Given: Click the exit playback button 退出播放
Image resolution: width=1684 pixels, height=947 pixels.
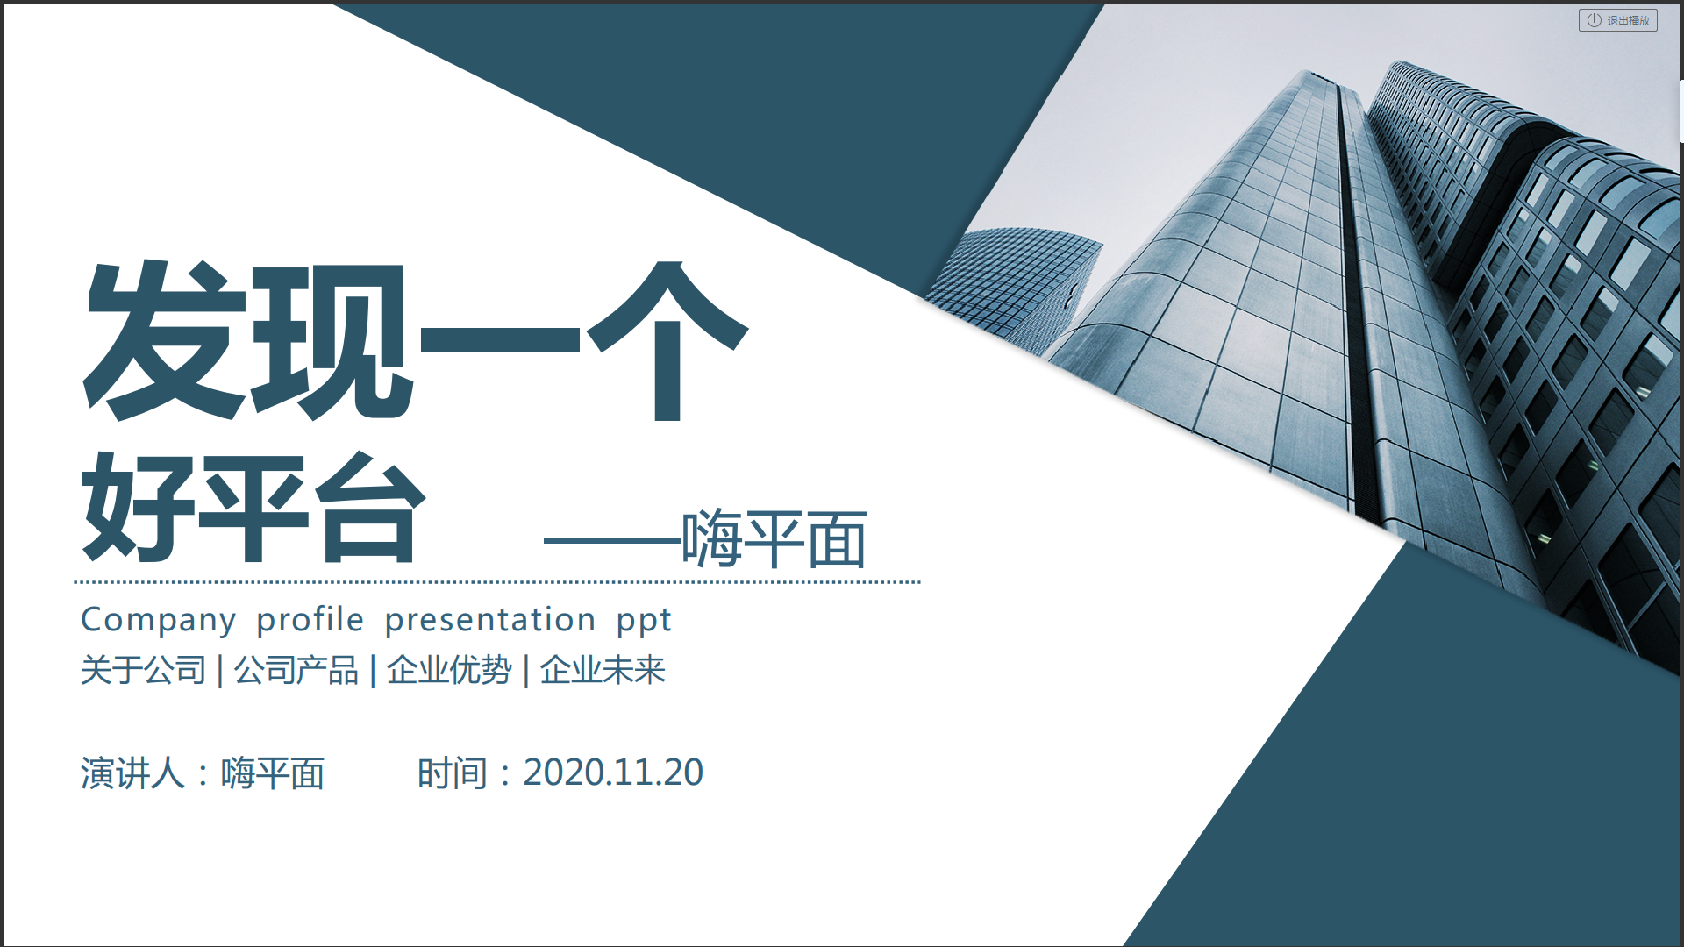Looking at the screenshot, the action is (x=1617, y=20).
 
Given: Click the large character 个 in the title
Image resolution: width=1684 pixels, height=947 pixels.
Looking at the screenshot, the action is (x=667, y=340).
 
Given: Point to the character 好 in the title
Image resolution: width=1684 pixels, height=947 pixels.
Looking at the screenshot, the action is (x=138, y=508).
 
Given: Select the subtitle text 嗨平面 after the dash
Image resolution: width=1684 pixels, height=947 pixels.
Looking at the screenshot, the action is (x=774, y=538).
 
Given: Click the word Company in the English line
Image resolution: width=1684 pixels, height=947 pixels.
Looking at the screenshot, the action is (x=159, y=621).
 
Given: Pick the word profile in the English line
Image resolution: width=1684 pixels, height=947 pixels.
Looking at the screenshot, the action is (x=310, y=619).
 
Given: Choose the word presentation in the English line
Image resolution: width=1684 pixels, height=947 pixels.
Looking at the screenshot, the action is (x=490, y=621).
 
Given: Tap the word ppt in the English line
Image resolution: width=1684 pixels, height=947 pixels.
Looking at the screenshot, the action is (x=644, y=623).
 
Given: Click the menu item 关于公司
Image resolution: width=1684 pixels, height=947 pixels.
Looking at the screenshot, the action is (x=144, y=671).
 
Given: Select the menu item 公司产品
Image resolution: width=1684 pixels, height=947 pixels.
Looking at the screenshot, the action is (x=296, y=671).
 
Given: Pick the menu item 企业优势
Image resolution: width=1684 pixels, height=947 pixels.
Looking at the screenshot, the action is (x=449, y=671).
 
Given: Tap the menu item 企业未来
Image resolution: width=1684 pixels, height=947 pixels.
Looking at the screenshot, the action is (x=603, y=671).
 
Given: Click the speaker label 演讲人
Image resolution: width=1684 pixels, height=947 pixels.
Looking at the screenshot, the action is (x=132, y=773).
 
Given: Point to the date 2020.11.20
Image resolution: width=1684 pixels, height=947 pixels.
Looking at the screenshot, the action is (x=613, y=773).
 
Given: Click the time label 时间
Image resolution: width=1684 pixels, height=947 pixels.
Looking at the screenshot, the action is (x=452, y=773).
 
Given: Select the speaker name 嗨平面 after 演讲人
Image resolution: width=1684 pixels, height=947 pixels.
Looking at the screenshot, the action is (x=273, y=773).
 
